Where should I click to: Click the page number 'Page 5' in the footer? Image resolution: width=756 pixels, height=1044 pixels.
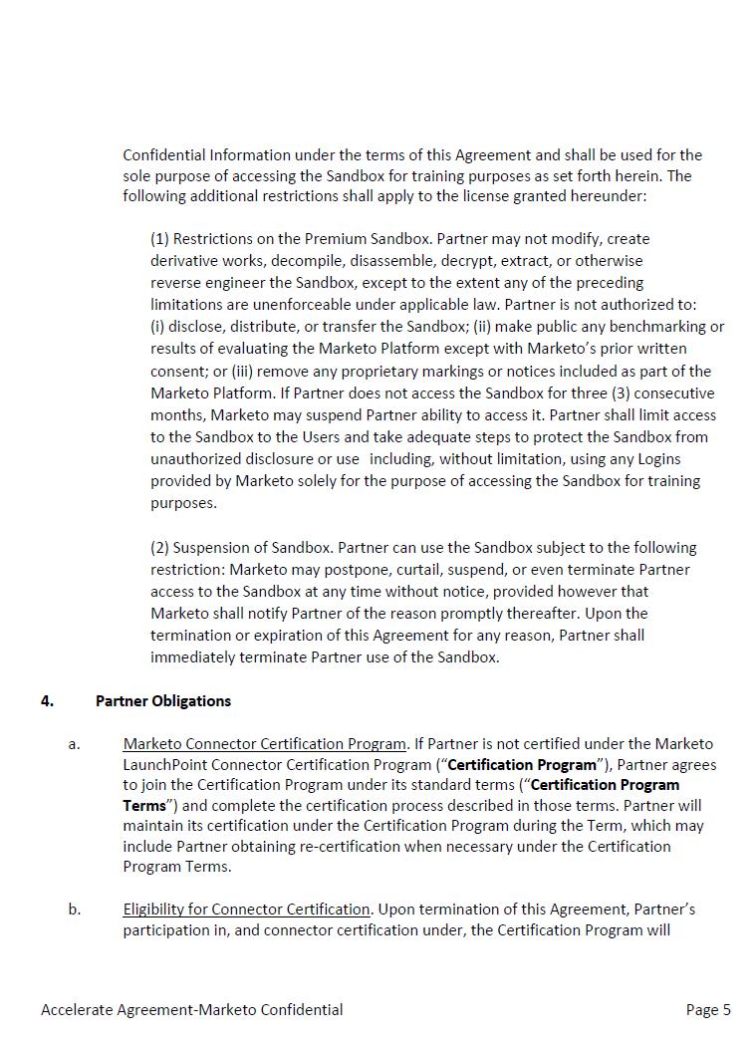708,1009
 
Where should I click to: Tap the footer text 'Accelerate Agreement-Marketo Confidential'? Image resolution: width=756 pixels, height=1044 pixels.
191,1009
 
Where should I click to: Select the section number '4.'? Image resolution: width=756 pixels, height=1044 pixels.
48,700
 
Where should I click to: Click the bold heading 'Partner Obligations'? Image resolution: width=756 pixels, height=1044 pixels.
163,700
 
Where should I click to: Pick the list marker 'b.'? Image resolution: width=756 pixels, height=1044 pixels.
75,909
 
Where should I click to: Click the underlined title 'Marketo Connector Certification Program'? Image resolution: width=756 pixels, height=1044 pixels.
265,743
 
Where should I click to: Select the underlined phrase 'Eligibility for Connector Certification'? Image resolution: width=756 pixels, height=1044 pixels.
247,909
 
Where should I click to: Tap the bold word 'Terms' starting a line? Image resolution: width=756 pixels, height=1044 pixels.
144,805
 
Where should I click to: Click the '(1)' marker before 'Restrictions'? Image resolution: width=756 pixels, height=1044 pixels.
160,239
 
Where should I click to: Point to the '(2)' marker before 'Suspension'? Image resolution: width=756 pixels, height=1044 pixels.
160,548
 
